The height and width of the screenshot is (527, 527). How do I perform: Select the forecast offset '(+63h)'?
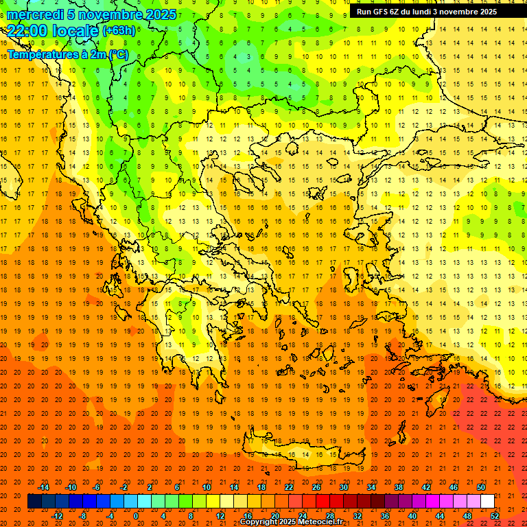(119, 31)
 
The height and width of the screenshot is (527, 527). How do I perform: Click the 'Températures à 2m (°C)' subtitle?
(67, 54)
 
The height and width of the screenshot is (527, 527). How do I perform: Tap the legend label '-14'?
(43, 487)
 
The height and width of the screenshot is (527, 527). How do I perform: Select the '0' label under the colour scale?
(136, 515)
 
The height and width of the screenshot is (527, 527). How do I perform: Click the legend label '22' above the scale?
(289, 487)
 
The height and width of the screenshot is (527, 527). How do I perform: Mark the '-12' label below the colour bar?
(57, 515)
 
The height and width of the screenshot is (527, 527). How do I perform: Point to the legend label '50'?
(481, 487)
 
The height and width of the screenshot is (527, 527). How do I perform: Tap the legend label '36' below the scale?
(385, 515)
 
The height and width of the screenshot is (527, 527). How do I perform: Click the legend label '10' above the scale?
(207, 487)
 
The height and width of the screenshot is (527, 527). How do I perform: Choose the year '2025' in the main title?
(161, 14)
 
